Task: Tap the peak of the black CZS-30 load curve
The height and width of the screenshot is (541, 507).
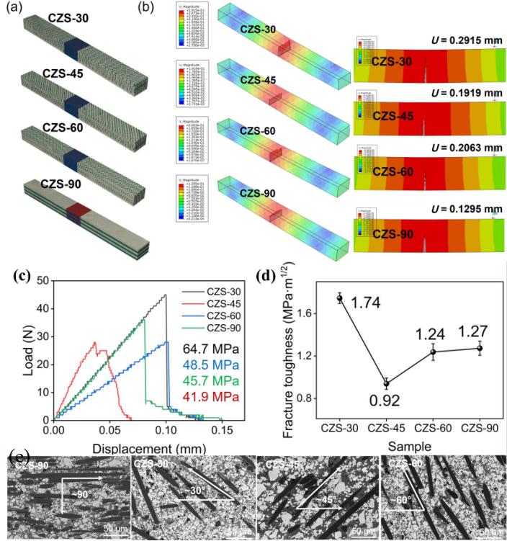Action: pyautogui.click(x=166, y=294)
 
